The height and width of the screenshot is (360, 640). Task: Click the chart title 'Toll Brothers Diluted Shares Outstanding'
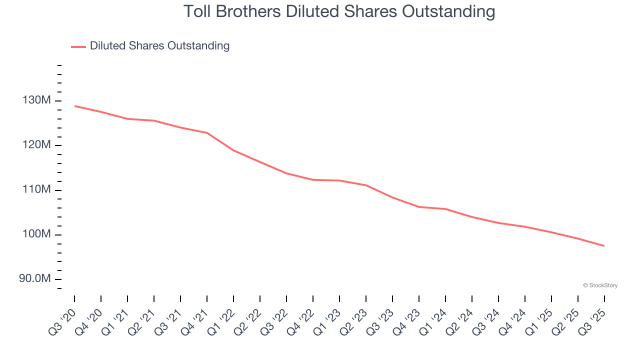tap(339, 11)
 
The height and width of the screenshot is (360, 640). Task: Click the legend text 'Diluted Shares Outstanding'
tap(159, 46)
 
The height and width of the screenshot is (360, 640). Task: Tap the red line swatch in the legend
tap(78, 46)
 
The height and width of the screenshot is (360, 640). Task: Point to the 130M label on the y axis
tap(36, 100)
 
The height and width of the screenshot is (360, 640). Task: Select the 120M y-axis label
tap(36, 145)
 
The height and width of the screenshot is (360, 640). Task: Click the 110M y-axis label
tap(36, 189)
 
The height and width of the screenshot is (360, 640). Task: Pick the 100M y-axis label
tap(36, 234)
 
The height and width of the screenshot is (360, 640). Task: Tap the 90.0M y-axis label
tap(35, 278)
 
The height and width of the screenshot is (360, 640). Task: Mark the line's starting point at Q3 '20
tap(74, 106)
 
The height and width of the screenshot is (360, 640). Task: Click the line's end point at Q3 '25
tap(604, 245)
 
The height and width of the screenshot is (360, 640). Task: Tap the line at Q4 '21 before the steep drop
tap(207, 133)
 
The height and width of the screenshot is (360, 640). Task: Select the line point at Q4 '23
tap(419, 206)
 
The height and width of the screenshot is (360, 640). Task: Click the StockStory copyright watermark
tap(600, 285)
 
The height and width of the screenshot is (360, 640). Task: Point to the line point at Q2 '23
tap(366, 185)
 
